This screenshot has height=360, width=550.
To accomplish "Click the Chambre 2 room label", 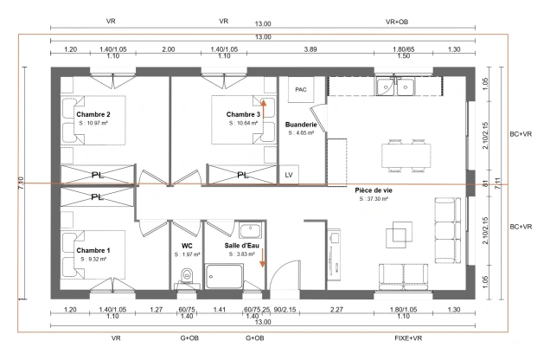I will tap(93, 114).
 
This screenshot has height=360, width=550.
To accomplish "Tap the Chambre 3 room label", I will tap(243, 114).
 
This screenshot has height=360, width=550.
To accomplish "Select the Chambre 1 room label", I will tap(93, 249).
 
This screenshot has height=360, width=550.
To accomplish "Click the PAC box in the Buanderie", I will tap(301, 89).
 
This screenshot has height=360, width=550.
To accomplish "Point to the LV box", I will tap(289, 174).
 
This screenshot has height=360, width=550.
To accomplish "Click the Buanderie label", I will tap(301, 125).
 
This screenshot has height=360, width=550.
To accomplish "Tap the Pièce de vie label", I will tap(373, 190).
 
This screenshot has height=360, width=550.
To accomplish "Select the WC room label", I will tap(187, 246).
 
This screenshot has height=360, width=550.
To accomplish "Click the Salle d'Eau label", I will tap(242, 246).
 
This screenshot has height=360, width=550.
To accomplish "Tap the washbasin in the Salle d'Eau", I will tap(249, 230).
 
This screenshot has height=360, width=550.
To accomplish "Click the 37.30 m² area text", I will tap(373, 199).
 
